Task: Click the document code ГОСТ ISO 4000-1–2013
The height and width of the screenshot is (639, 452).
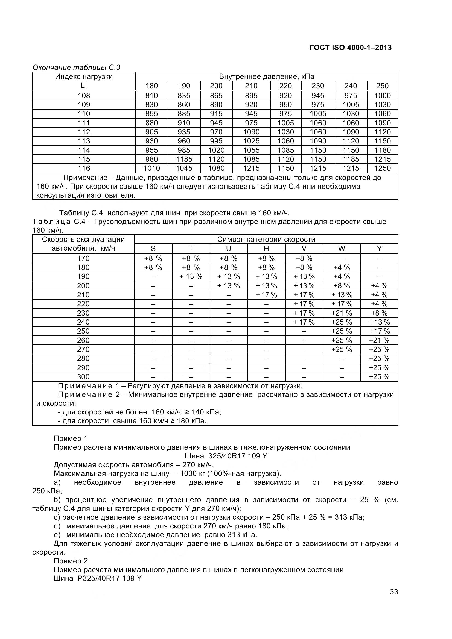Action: click(350, 48)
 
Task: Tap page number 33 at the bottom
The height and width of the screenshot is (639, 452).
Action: click(394, 607)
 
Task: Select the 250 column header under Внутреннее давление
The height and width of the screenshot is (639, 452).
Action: click(382, 86)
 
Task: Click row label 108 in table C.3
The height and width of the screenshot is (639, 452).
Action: click(84, 95)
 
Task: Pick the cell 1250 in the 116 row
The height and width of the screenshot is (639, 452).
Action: click(382, 168)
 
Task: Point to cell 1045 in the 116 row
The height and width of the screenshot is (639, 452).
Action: click(184, 168)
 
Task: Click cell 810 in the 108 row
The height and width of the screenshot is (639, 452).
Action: click(151, 95)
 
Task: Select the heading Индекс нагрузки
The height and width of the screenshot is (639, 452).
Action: click(84, 76)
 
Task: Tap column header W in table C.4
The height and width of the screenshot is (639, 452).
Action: click(342, 249)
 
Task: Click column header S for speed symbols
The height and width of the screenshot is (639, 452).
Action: click(153, 249)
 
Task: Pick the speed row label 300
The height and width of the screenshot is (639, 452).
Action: click(83, 377)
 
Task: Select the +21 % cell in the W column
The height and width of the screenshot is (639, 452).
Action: click(342, 313)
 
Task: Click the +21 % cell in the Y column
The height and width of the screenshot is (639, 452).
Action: click(379, 340)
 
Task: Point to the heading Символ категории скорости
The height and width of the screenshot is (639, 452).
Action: click(266, 239)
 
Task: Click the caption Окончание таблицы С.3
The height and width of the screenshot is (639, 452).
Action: click(76, 67)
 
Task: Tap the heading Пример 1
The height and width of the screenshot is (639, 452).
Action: click(71, 439)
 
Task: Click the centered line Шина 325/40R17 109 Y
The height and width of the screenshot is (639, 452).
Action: click(226, 456)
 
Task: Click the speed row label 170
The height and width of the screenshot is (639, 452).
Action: click(83, 258)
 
